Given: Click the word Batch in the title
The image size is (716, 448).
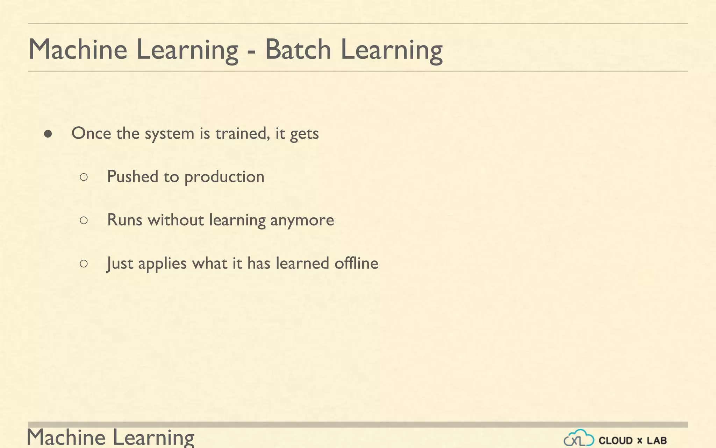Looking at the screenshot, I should click(298, 49).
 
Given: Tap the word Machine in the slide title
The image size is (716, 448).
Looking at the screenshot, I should click(78, 49).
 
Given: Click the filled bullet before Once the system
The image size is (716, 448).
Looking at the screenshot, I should click(48, 134).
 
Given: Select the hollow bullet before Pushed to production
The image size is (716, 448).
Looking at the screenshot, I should click(84, 177).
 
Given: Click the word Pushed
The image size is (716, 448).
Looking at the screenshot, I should click(133, 176).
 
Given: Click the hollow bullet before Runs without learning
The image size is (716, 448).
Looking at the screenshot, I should click(84, 220).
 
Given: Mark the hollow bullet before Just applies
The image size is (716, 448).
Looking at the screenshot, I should click(84, 264).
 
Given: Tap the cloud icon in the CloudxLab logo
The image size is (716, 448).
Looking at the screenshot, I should click(579, 439).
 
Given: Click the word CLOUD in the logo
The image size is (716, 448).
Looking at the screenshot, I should click(616, 441).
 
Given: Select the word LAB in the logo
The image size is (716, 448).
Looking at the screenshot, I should click(657, 441).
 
